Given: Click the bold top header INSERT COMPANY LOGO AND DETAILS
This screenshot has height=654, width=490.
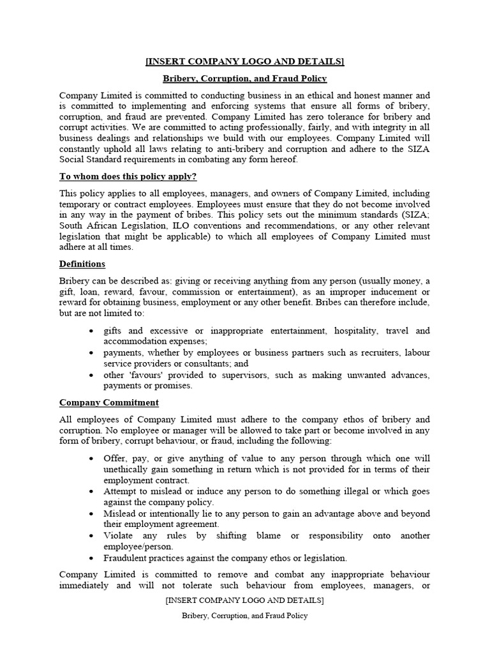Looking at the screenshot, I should pos(244,61).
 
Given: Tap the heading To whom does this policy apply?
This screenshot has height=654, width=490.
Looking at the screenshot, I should pos(124,176).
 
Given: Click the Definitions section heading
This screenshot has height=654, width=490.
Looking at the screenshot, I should pos(82,264).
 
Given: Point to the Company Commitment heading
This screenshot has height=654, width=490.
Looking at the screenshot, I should pos(109,402).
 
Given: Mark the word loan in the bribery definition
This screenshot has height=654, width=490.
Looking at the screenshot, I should pos(87,291).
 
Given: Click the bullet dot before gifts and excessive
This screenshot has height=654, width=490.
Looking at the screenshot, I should pos(92,331).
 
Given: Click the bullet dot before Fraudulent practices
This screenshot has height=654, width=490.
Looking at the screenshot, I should pos(92,558).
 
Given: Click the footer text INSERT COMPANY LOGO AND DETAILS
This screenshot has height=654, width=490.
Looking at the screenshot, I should pos(244,600).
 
